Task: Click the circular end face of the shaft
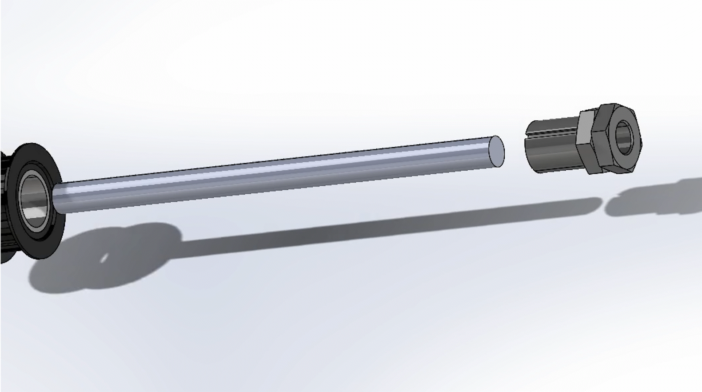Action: pos(497,152)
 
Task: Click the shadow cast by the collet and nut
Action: pos(653,197)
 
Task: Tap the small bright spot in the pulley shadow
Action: pos(104,258)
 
